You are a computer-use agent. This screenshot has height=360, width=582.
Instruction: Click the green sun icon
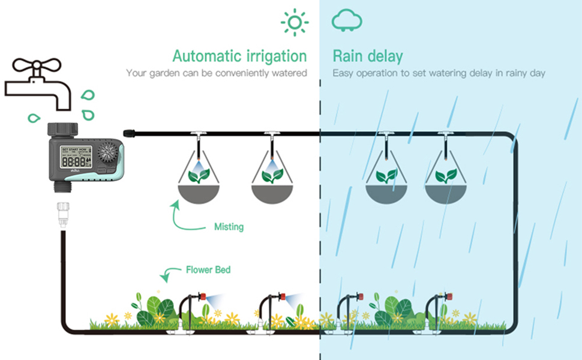[295, 22]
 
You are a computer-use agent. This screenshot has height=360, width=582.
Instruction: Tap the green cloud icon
[347, 20]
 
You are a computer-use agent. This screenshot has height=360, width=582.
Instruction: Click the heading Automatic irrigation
[239, 56]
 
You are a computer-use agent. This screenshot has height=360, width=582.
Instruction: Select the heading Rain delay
[368, 56]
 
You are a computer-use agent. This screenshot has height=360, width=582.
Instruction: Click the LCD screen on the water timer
[74, 158]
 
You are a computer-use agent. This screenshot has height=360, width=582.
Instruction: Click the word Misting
[229, 227]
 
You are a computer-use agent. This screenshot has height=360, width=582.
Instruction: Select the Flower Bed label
[208, 270]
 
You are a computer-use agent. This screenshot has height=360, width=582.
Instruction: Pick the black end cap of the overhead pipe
[127, 132]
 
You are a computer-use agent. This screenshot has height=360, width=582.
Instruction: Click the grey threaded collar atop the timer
[62, 128]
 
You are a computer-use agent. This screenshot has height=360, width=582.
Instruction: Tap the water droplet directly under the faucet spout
[34, 118]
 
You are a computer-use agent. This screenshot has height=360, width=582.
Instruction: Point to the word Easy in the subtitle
[343, 73]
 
